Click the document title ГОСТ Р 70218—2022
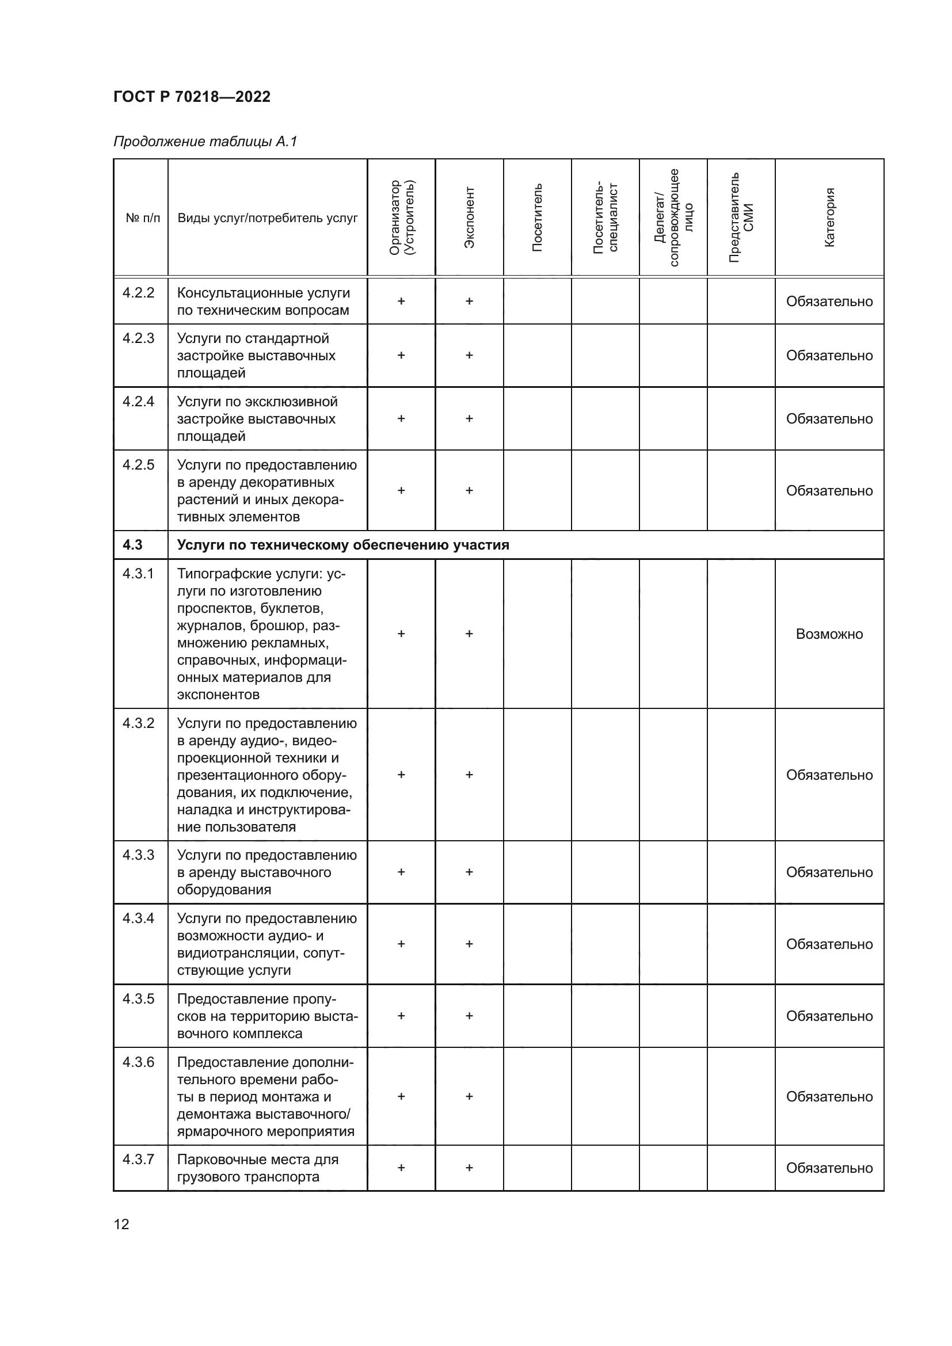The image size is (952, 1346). coord(192,97)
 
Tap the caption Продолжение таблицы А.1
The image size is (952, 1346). coord(205,142)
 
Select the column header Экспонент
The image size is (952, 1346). coord(469,218)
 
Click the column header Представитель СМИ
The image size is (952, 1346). coord(741,218)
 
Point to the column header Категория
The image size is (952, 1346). coord(829,218)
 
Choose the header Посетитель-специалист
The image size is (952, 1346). coord(605,218)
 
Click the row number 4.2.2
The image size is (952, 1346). coord(138,292)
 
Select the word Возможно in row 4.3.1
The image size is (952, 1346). coord(829,634)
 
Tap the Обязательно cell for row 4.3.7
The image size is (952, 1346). coord(829,1168)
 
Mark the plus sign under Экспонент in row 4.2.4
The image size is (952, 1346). coord(469,418)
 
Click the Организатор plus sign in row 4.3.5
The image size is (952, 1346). coord(401,1016)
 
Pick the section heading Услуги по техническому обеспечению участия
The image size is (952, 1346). coord(343,544)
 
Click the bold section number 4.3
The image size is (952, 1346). coord(132,544)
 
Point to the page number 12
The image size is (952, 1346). coord(121,1224)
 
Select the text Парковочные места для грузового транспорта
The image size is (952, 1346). coord(258,1168)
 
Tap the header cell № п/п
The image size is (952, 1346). coord(142,218)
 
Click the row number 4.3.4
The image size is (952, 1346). coord(138,918)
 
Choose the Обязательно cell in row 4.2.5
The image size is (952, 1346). coord(829,491)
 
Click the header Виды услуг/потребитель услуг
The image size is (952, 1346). coord(267,218)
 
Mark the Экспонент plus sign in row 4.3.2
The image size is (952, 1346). coord(469,775)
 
